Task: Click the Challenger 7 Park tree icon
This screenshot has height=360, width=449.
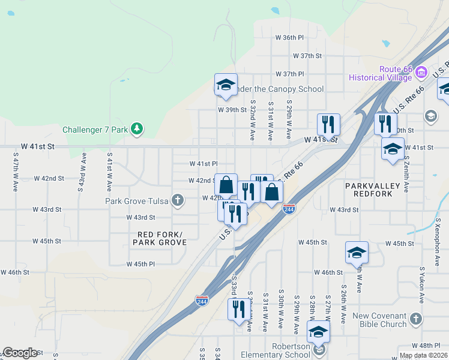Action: [x=137, y=128]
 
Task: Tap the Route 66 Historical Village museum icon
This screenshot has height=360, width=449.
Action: [x=421, y=73]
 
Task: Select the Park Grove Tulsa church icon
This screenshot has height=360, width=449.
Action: [x=177, y=201]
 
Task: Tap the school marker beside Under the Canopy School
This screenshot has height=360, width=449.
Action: [x=226, y=85]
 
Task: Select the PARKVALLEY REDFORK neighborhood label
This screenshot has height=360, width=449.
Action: [x=372, y=190]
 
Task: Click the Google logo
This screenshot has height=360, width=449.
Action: [x=19, y=353]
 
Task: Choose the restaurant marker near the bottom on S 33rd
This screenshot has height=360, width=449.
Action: [x=239, y=309]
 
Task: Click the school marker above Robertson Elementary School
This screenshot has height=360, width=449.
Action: [x=318, y=331]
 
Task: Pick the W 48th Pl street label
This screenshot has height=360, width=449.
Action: [x=426, y=346]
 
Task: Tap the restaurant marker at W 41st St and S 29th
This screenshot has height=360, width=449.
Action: [x=328, y=124]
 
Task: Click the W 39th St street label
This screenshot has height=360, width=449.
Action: [x=232, y=110]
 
